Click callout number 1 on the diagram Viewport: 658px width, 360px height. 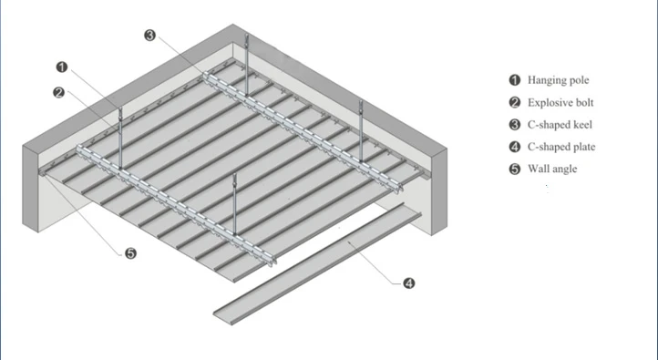(62, 67)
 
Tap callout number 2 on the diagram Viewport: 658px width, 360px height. (58, 92)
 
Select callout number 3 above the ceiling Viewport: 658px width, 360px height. (150, 36)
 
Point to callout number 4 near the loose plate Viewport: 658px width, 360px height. (408, 283)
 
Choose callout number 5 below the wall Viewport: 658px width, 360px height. (130, 253)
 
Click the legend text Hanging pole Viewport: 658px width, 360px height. (559, 80)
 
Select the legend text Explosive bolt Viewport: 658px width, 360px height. (560, 102)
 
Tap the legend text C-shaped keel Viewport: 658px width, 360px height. (559, 124)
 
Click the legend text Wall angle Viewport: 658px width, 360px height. (552, 169)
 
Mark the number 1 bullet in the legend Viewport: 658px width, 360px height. (515, 80)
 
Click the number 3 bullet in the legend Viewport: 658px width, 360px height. (515, 124)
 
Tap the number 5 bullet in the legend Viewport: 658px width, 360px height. (515, 169)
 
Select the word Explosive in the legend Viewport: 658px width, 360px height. (549, 102)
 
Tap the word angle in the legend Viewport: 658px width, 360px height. (564, 169)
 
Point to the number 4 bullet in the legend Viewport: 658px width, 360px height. (515, 147)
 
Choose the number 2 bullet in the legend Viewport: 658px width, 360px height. (515, 102)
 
